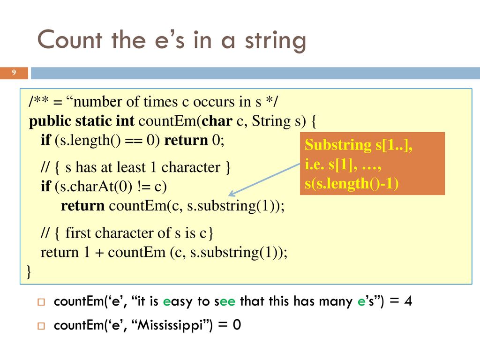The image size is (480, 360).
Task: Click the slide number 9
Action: [x=14, y=73]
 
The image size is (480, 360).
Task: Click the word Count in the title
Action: [x=70, y=40]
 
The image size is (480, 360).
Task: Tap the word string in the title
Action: [x=276, y=41]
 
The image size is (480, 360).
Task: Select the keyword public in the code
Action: [x=50, y=121]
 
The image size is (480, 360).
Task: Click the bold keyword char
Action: [x=217, y=121]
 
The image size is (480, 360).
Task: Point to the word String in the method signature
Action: [x=271, y=121]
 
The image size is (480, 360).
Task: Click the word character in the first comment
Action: [x=191, y=167]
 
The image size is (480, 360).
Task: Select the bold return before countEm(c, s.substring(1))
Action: [x=82, y=206]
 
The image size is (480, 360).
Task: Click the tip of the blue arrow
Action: [x=229, y=195]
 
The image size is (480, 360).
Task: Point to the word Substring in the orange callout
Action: [x=338, y=145]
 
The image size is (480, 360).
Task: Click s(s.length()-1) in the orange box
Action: [x=352, y=184]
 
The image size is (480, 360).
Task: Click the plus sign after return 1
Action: [x=99, y=253]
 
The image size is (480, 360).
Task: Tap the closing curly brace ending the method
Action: [x=29, y=271]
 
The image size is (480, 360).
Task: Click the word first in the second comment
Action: [x=80, y=233]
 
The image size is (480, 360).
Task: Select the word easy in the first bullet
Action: [x=178, y=302]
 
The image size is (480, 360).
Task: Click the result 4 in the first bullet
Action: [x=408, y=300]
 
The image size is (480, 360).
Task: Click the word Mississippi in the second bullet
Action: [x=170, y=325]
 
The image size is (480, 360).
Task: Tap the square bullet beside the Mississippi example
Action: [x=41, y=326]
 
